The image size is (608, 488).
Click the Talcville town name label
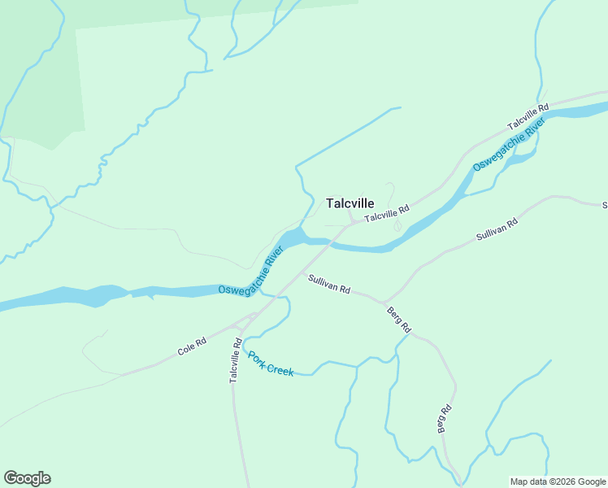pyautogui.click(x=350, y=203)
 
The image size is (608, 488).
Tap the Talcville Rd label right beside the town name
pyautogui.click(x=387, y=214)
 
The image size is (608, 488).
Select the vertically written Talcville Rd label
pyautogui.click(x=234, y=361)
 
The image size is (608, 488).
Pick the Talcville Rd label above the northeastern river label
pyautogui.click(x=528, y=116)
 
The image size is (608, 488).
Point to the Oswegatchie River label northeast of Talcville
pyautogui.click(x=509, y=146)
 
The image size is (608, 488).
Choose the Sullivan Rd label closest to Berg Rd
pyautogui.click(x=328, y=284)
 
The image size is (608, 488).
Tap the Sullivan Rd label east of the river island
pyautogui.click(x=497, y=229)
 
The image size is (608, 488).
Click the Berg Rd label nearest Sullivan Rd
pyautogui.click(x=399, y=318)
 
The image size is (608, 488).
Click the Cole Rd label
pyautogui.click(x=192, y=347)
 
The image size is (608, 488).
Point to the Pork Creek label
pyautogui.click(x=270, y=364)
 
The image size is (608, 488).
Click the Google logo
pyautogui.click(x=27, y=478)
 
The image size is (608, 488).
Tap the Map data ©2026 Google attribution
pyautogui.click(x=558, y=481)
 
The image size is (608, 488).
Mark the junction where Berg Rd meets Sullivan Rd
pyautogui.click(x=384, y=302)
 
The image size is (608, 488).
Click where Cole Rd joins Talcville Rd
pyautogui.click(x=252, y=316)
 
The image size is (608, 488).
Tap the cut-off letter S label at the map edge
pyautogui.click(x=604, y=205)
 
